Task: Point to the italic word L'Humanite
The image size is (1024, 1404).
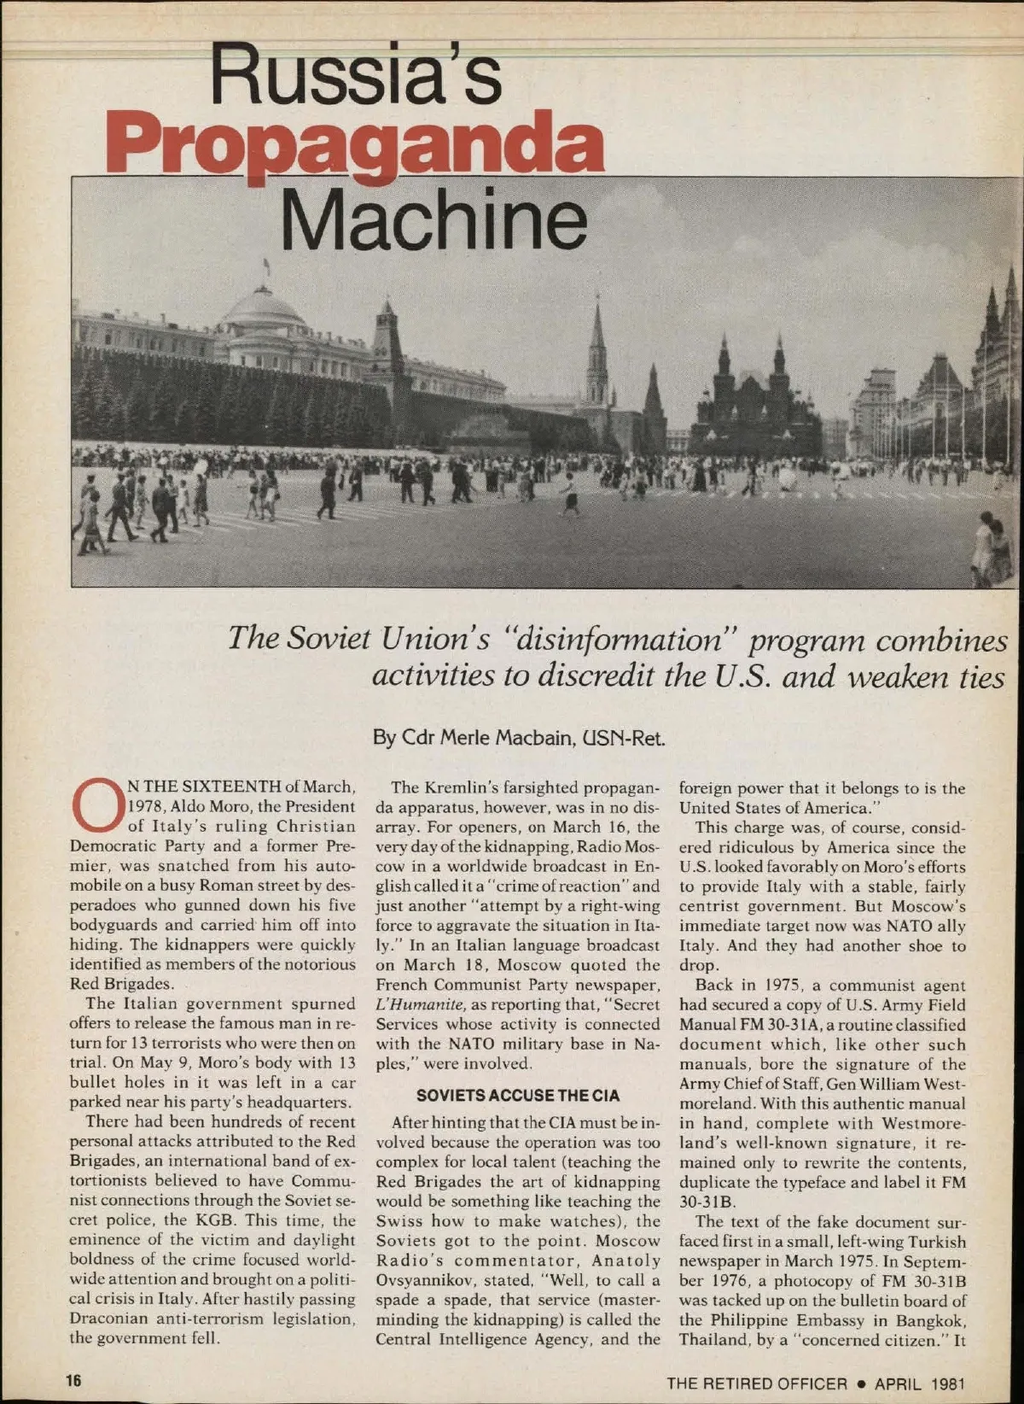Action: (x=416, y=1004)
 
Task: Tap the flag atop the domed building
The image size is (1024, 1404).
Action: (x=266, y=266)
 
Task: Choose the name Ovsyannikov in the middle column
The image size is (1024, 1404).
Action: (x=421, y=1280)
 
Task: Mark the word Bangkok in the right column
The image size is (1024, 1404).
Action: (x=931, y=1320)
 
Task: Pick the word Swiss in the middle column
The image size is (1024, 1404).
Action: (x=399, y=1221)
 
